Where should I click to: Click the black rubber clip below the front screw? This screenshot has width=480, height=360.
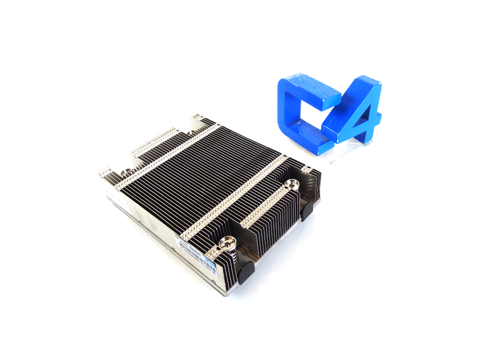click(x=245, y=273)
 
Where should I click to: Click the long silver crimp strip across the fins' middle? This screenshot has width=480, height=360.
click(x=235, y=197)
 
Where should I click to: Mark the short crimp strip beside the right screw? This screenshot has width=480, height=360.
click(x=261, y=206)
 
